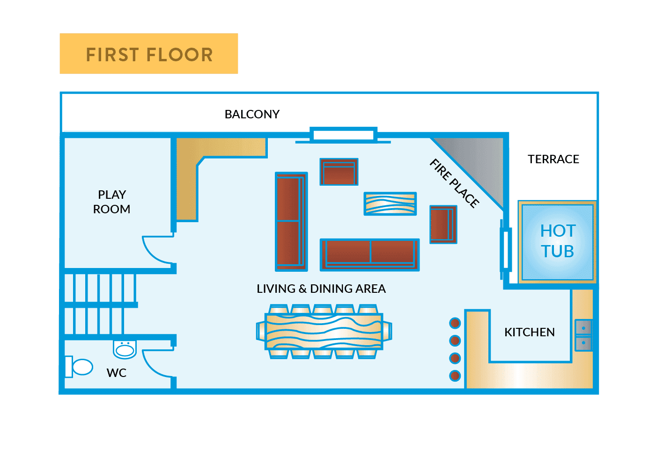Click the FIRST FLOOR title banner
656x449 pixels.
click(148, 54)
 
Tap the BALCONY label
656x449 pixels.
click(252, 114)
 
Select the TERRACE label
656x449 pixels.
click(553, 159)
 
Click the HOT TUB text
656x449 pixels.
click(557, 241)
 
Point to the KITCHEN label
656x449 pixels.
click(529, 332)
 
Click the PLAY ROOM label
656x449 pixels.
click(111, 202)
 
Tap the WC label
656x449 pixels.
click(117, 373)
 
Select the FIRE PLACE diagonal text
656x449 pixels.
click(454, 183)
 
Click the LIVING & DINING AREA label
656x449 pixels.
click(321, 289)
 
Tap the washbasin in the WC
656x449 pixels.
click(125, 349)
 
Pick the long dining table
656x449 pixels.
click(324, 331)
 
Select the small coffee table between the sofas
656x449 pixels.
click(390, 203)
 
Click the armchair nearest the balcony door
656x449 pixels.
click(339, 172)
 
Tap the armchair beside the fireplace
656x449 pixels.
click(443, 224)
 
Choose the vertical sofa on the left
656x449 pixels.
click(291, 221)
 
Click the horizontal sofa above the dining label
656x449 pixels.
click(369, 254)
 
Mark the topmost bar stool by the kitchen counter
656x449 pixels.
click(455, 323)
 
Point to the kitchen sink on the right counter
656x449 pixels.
click(583, 335)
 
